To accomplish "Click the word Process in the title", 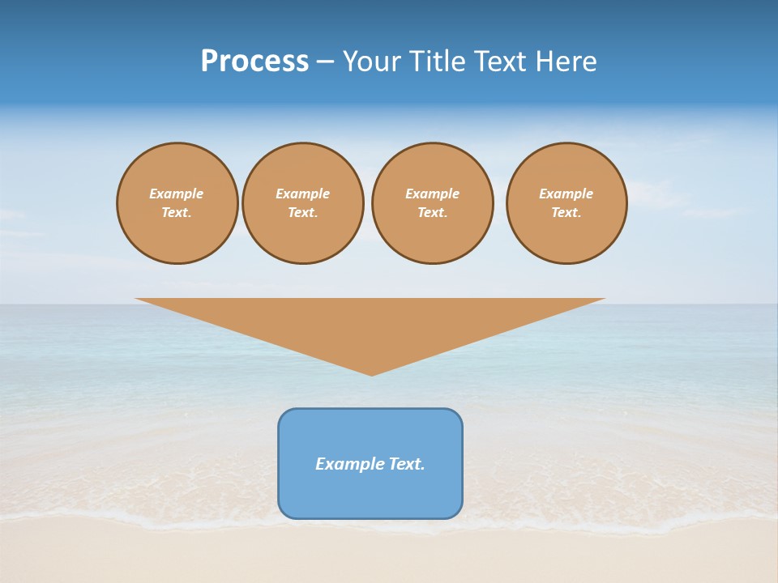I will (254, 62).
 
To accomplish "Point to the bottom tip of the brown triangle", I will (372, 373).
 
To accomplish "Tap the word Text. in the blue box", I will (407, 464).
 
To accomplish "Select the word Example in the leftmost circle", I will (177, 194).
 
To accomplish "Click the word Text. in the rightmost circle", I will (566, 212).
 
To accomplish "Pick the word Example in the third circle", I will (432, 194).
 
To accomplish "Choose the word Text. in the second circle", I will (302, 212).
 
